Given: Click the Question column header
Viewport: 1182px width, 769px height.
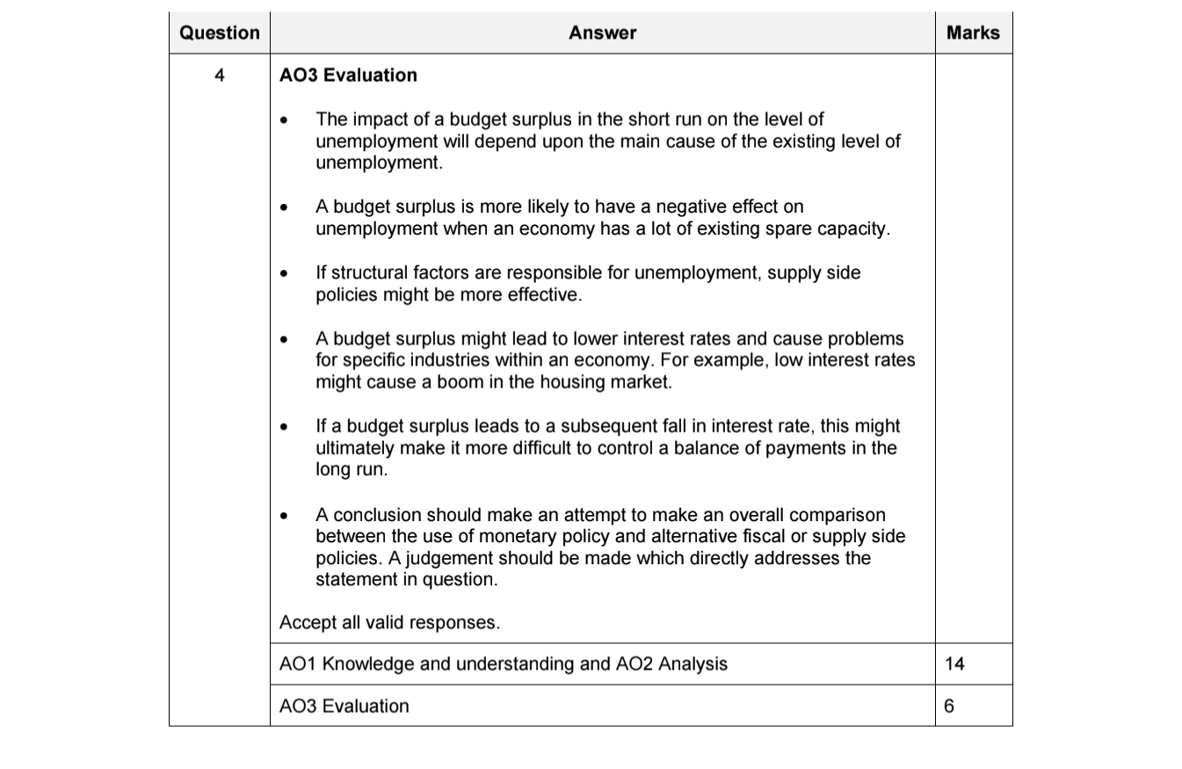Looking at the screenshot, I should pos(219,33).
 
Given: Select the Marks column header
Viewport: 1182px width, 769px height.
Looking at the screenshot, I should pos(973,33).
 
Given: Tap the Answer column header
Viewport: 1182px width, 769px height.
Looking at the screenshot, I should pos(602,33).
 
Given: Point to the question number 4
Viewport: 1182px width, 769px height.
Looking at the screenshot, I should pos(219,76).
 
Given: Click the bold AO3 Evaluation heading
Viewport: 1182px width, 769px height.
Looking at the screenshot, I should pos(348,76).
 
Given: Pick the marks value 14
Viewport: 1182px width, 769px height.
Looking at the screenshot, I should pos(954,664).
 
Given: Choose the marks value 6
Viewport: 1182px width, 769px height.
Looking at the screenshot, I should pos(950,706).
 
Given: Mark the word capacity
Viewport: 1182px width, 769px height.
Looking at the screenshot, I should pos(852,229).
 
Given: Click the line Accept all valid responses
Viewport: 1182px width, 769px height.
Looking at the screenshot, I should pos(389,622).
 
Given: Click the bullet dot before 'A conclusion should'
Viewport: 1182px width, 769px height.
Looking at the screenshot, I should pos(283,516).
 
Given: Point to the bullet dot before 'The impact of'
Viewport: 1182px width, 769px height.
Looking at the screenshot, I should pos(283,120).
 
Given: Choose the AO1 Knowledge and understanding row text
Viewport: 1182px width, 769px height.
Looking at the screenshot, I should pos(503,664).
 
